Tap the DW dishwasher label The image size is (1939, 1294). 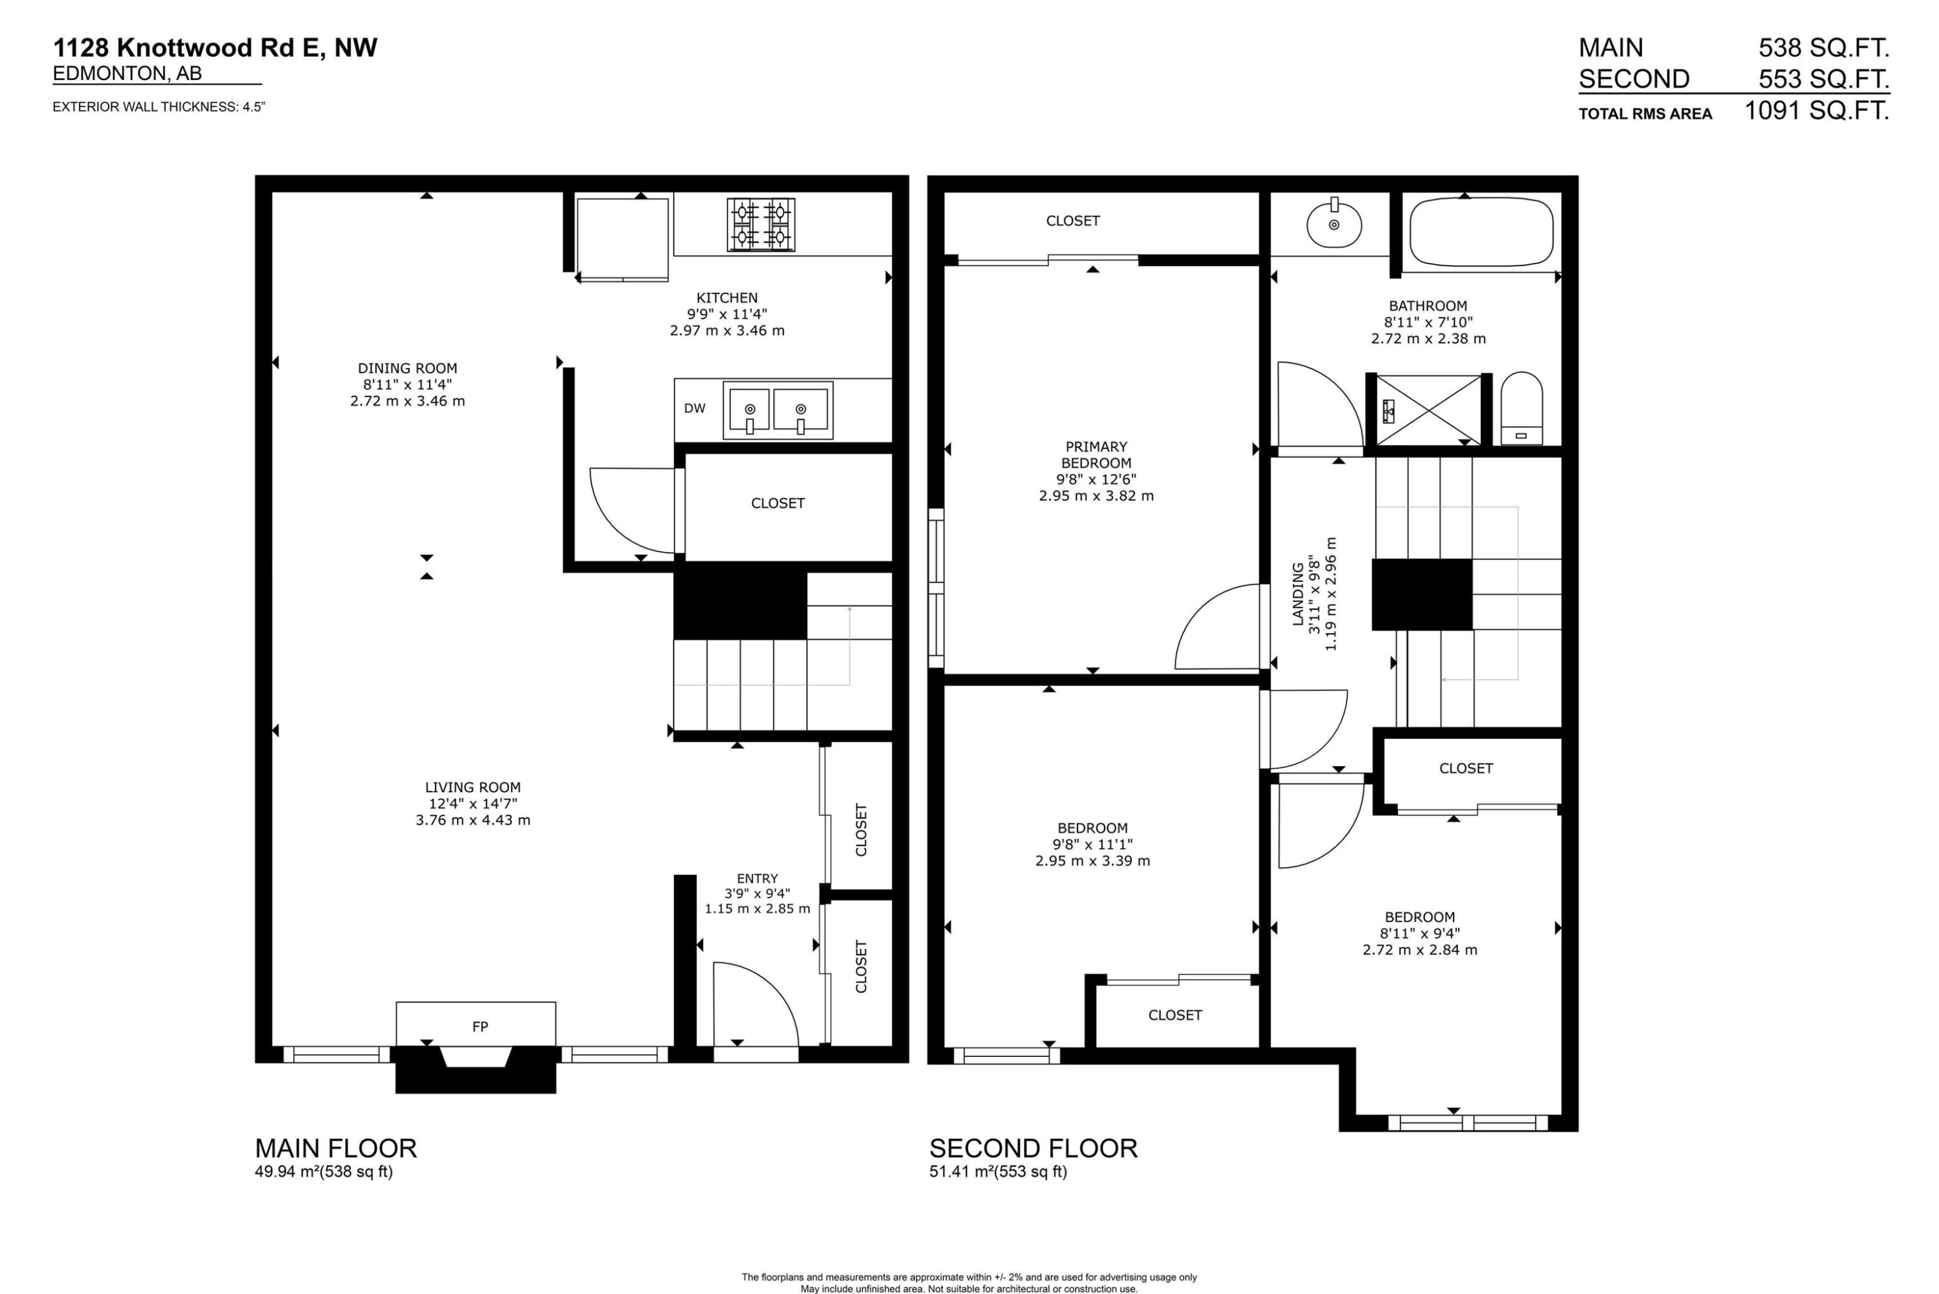[x=694, y=408]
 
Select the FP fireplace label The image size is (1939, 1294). [x=480, y=1027]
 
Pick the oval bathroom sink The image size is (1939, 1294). [x=1334, y=224]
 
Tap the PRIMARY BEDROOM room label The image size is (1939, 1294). [x=1096, y=455]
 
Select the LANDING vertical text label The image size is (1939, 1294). [x=1298, y=594]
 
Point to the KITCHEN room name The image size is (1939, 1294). [x=726, y=298]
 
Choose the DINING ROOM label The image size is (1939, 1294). [x=407, y=368]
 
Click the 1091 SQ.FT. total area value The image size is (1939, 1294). [x=1816, y=110]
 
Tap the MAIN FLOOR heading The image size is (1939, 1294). [x=335, y=1148]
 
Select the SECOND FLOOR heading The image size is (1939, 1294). [x=1033, y=1148]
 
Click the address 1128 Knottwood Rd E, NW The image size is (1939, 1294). [x=215, y=48]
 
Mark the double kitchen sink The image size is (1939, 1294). [x=777, y=410]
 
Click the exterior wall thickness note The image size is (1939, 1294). [x=158, y=107]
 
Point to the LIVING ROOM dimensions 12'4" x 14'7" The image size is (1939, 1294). [x=472, y=804]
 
